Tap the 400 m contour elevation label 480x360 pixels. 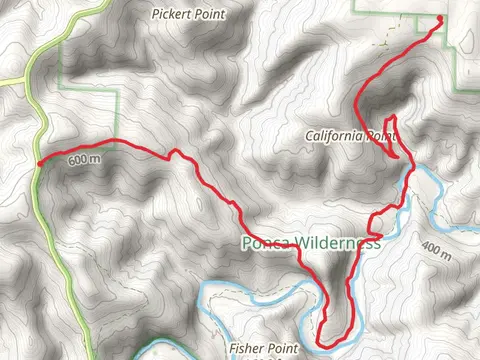click(437, 247)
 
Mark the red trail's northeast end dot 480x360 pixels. click(441, 19)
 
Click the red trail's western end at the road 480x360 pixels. click(39, 163)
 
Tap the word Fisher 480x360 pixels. click(243, 348)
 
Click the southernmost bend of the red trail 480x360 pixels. click(322, 345)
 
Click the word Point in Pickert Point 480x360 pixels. click(211, 15)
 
